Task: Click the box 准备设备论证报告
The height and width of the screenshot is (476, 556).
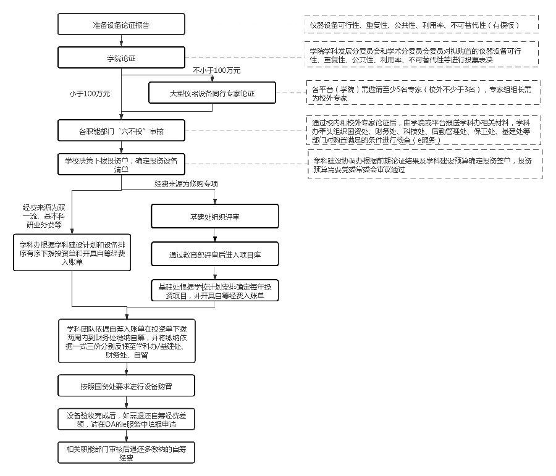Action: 121,25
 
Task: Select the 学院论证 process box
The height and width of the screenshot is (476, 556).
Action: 121,58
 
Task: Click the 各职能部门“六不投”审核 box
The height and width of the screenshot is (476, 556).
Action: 121,131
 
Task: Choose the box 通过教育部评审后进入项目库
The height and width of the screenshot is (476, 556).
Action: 214,254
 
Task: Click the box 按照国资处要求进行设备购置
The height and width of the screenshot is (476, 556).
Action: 126,386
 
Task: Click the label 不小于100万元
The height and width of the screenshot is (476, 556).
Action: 216,70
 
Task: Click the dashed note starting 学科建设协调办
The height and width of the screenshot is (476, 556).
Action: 426,164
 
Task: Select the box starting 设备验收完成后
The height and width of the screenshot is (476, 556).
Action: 126,420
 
